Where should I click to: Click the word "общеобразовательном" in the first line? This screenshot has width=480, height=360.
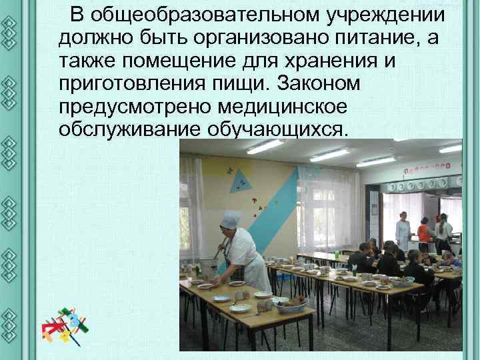pos(199,15)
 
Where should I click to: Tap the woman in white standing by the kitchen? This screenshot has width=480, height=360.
pos(402,230)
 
